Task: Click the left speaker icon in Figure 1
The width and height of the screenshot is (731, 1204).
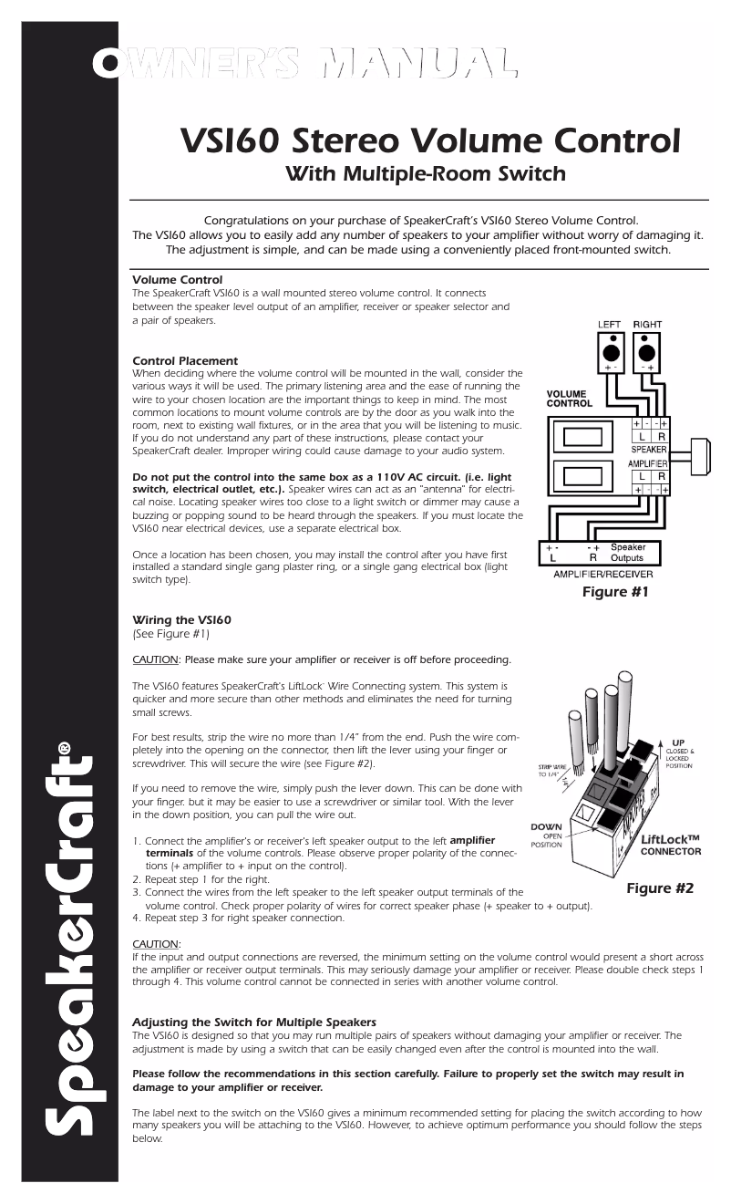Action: point(610,353)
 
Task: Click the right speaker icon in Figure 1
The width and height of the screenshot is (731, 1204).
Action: point(648,353)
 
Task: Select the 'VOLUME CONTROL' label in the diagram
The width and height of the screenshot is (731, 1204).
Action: point(569,399)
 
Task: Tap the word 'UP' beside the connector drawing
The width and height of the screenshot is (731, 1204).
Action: point(678,742)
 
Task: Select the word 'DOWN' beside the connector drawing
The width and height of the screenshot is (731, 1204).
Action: point(547,826)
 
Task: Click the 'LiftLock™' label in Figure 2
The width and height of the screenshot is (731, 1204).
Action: point(670,839)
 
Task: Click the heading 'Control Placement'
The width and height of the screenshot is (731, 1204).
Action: point(185,361)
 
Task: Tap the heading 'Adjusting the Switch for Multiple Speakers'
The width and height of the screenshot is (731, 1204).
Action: point(254,1022)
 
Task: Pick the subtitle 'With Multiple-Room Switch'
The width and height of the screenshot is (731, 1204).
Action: point(426,173)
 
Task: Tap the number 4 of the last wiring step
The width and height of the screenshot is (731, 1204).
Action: point(136,919)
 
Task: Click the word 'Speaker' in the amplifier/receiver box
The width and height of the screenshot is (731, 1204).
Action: point(628,547)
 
